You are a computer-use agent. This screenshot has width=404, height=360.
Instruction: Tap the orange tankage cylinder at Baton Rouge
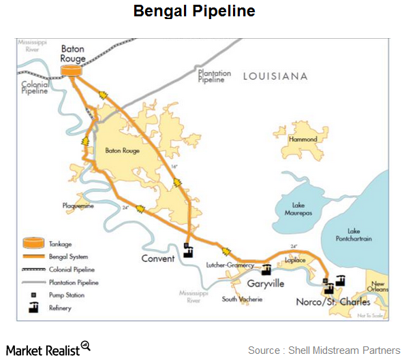pos(72,70)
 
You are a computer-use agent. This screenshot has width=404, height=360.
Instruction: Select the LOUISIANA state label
pos(275,76)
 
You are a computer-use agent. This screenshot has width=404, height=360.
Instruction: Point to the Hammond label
pos(302,140)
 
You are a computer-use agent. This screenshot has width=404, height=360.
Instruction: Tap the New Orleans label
pos(378,287)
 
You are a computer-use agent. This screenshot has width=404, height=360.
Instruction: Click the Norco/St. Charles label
pos(333,301)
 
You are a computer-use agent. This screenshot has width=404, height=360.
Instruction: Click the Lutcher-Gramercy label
pos(232,263)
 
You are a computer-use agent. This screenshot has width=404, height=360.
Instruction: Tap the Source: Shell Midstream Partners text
pos(324,350)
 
